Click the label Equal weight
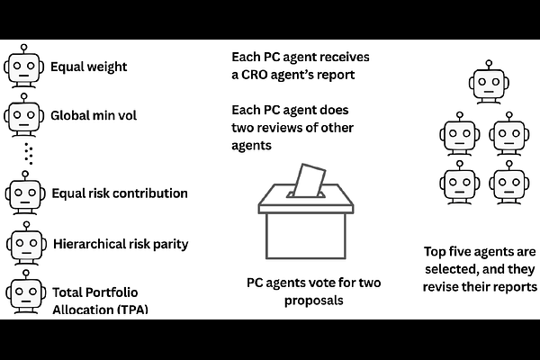[88, 66]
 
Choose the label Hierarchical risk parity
[133, 243]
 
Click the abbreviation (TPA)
[129, 310]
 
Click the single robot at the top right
[486, 83]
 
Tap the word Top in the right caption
[436, 252]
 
